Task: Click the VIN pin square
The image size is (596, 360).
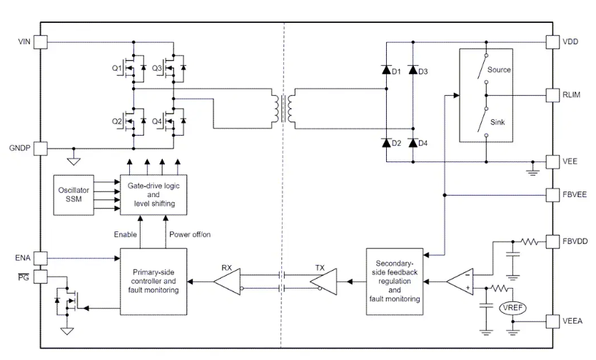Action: point(40,42)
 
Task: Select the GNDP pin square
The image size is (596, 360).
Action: point(40,149)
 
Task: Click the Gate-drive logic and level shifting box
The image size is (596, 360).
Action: point(154,193)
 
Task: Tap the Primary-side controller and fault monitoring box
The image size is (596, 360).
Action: point(153,281)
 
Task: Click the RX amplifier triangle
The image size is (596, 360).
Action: point(228,281)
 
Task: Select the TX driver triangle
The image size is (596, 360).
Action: point(322,281)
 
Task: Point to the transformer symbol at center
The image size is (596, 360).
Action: point(284,109)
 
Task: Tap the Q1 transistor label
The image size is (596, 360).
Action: point(117,68)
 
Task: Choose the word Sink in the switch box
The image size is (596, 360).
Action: point(497,122)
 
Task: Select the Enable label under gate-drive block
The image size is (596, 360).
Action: point(126,234)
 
